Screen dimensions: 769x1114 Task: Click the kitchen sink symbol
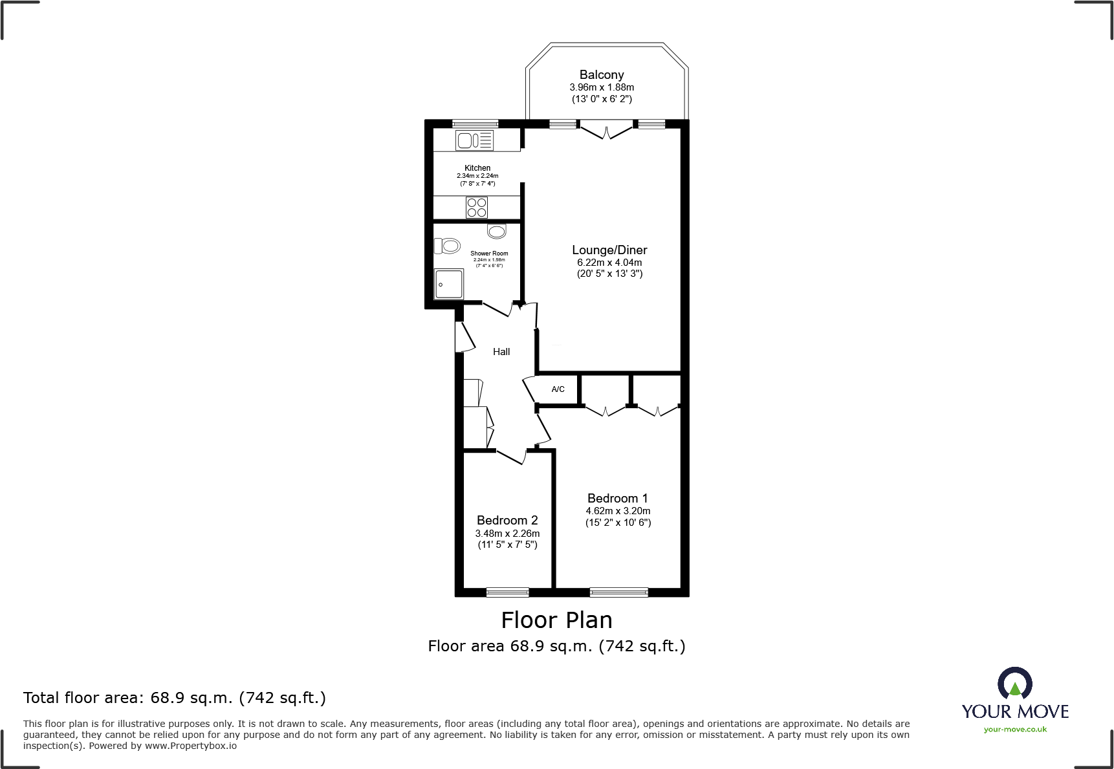[475, 140]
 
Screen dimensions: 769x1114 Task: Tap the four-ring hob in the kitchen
[477, 208]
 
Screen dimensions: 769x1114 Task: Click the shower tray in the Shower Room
[449, 284]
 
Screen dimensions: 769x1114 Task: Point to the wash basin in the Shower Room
[497, 231]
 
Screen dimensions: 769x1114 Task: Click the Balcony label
[602, 75]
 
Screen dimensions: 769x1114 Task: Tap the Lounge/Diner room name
[609, 250]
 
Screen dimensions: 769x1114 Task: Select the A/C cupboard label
[558, 389]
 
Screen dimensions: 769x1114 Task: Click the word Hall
[501, 352]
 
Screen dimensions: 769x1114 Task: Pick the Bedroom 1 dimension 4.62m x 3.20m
[618, 511]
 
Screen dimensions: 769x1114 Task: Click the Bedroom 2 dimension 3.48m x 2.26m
[507, 534]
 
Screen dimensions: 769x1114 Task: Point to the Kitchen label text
[477, 168]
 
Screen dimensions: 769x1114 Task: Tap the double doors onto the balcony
[606, 131]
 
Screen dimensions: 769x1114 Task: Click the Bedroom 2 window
[507, 592]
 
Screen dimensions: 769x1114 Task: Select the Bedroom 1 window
[618, 592]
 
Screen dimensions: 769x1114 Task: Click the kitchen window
[475, 124]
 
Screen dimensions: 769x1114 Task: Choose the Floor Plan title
[556, 620]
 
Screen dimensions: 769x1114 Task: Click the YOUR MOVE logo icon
[1014, 684]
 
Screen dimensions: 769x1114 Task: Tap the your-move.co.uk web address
[1015, 730]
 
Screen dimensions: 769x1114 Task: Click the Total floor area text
[175, 698]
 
